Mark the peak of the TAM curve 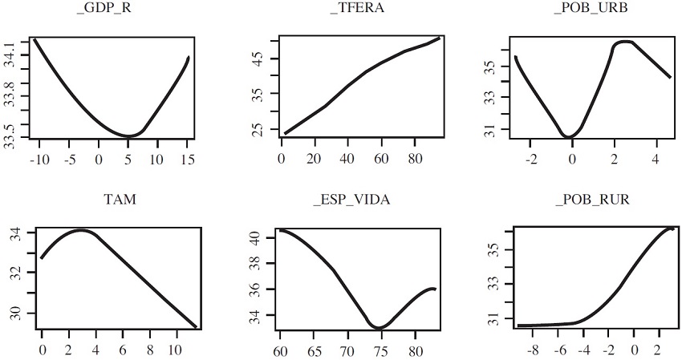point(82,230)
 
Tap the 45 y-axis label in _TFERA point(258,59)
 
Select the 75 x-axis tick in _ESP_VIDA point(380,350)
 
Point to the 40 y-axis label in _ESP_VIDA point(256,238)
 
